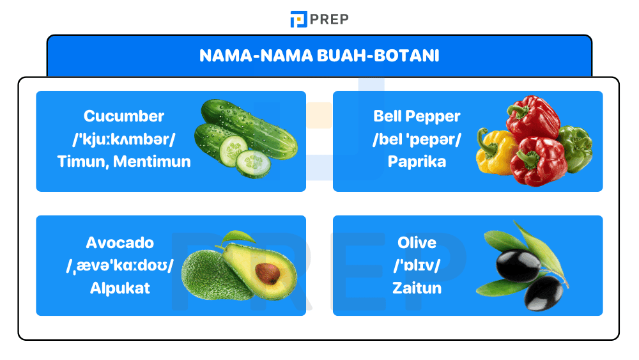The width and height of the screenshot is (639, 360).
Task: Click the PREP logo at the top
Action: (319, 19)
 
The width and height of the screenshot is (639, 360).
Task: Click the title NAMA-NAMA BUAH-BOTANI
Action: (319, 56)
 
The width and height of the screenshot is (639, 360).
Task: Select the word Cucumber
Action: (124, 116)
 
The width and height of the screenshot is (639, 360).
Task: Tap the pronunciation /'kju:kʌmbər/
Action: (124, 139)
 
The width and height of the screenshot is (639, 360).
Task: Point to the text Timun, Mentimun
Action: (124, 161)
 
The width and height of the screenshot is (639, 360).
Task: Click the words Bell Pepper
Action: (417, 116)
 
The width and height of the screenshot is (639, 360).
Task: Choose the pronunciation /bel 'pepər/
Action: (417, 139)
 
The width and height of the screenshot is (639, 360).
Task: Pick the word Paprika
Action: (417, 161)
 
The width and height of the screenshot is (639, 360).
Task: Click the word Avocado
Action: (120, 243)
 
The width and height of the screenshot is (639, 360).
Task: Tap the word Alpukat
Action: (120, 288)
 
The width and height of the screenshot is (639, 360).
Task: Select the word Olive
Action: (417, 243)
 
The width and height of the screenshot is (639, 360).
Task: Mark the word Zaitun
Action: (417, 288)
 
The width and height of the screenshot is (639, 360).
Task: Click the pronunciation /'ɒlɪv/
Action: (417, 265)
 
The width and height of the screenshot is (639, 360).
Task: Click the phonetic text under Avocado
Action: (120, 265)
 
